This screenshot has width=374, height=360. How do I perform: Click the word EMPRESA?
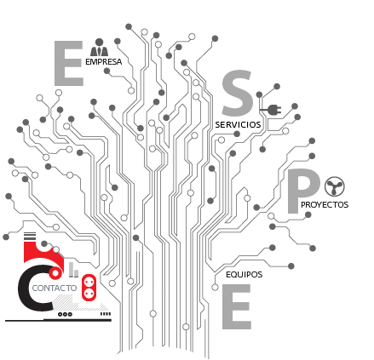[104, 62]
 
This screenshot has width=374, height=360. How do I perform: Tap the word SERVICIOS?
[238, 125]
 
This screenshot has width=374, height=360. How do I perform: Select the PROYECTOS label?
[325, 205]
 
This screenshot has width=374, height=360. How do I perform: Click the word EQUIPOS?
[245, 275]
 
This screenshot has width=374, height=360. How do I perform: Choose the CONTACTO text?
[55, 289]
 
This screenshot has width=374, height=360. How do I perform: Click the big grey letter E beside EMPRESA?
[68, 63]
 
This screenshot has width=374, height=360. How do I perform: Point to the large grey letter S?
[237, 93]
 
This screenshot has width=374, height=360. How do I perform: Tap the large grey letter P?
[302, 191]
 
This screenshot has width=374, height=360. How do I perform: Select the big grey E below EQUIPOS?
[236, 306]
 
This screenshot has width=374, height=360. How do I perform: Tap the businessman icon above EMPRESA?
[99, 48]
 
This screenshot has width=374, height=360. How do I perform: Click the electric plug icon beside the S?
[271, 110]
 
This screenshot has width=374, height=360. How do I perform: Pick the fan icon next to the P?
[335, 186]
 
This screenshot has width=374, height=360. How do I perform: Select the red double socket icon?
[89, 287]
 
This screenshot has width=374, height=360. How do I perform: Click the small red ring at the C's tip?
[55, 273]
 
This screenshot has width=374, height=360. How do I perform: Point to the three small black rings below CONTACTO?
[65, 314]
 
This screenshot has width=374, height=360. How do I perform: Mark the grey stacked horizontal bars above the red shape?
[30, 236]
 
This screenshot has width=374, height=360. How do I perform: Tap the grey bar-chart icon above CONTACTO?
[73, 270]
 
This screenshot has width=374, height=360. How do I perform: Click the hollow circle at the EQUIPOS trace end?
[215, 288]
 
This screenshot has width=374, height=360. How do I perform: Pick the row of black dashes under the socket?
[106, 314]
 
